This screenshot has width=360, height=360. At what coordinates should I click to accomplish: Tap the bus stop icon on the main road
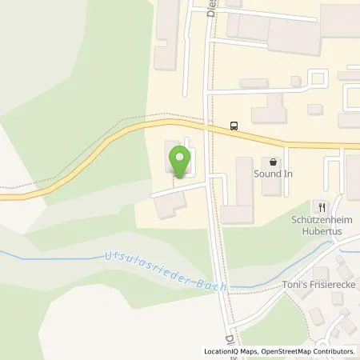pyautogui.click(x=234, y=125)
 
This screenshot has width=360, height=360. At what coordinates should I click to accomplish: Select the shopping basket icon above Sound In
pyautogui.click(x=274, y=161)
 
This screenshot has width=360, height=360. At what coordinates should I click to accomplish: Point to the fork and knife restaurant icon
pyautogui.click(x=322, y=204)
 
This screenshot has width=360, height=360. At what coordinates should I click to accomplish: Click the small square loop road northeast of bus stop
pyautogui.click(x=317, y=78)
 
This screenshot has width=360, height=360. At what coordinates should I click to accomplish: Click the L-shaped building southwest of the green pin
pyautogui.click(x=167, y=207)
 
